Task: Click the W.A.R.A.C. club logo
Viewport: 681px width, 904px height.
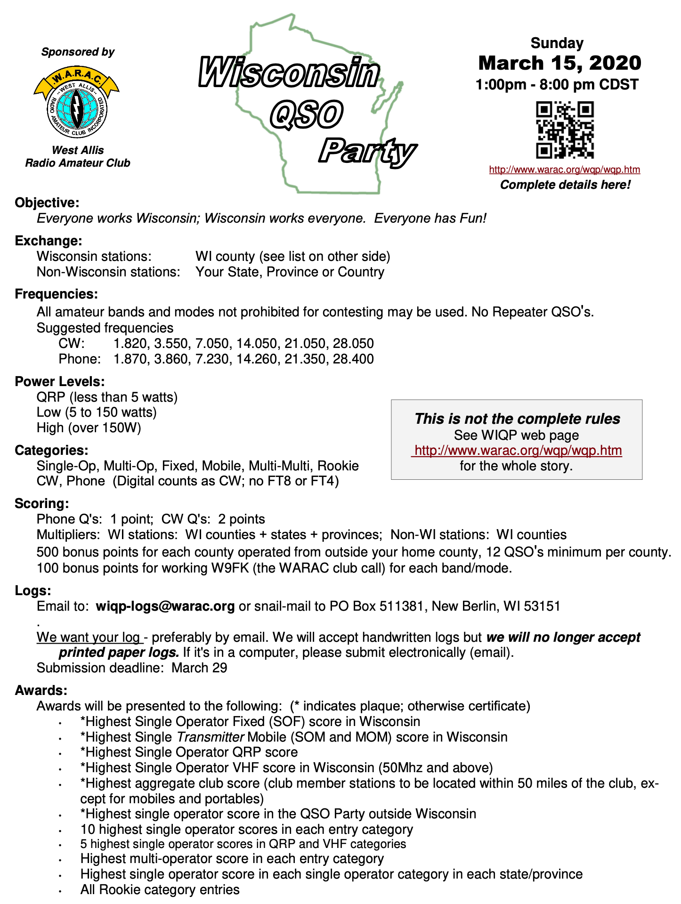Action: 77,102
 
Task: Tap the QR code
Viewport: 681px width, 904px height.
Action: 565,129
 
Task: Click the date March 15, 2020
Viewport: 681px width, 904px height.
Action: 559,63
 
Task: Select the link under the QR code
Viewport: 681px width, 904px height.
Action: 564,169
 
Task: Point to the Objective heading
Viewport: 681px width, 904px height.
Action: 47,203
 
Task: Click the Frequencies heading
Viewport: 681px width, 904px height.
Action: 57,294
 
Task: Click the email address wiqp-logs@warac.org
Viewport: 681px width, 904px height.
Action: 165,606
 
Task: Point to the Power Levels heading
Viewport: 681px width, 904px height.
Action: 60,381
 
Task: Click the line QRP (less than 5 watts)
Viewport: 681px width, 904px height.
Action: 107,397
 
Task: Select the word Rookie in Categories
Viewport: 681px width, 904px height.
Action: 338,466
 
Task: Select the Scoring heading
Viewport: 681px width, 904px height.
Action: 42,504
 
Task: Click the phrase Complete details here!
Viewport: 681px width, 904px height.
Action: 565,185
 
